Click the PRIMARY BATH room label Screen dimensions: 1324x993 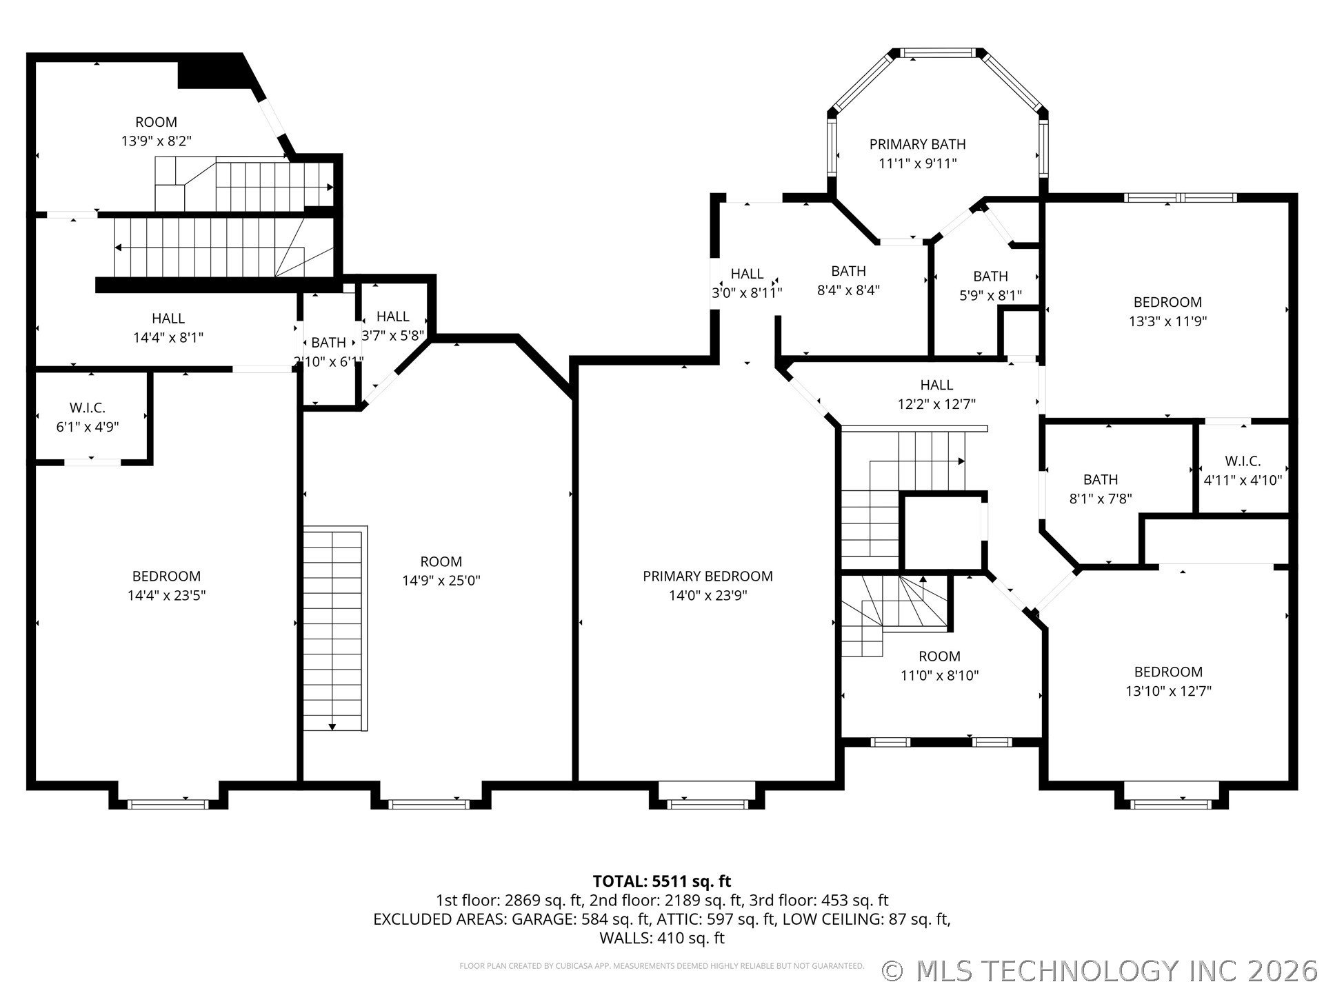click(917, 144)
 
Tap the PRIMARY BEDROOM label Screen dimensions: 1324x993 click(708, 576)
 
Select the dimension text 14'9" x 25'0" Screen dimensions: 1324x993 click(441, 581)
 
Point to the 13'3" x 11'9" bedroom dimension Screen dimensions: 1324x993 click(1167, 321)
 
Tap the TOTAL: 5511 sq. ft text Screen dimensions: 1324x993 click(662, 881)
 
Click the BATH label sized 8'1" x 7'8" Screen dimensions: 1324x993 click(1101, 479)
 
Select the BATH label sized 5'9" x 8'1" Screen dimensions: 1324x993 click(990, 276)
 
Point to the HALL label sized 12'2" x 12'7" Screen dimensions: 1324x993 click(936, 385)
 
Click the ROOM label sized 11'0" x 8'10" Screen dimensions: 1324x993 click(939, 656)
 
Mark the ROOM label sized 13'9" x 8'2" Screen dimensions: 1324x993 click(156, 122)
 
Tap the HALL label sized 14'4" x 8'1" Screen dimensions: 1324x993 click(168, 318)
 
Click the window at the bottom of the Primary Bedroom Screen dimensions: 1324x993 click(708, 803)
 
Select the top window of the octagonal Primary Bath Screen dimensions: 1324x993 click(939, 52)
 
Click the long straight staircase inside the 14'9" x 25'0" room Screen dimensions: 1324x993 click(334, 628)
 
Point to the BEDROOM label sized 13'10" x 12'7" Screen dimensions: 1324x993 click(1168, 672)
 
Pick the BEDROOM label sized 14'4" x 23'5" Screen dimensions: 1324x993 click(166, 576)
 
